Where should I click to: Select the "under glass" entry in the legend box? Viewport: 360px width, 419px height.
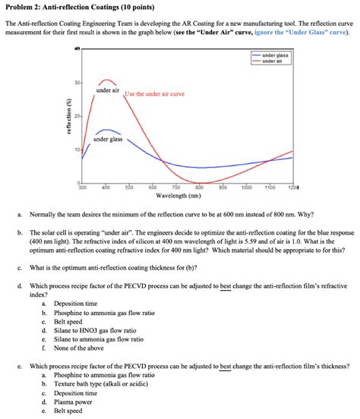tap(274, 55)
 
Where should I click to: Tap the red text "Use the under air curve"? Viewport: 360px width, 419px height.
tap(155, 93)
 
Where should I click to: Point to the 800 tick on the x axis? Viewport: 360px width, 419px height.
tap(199, 187)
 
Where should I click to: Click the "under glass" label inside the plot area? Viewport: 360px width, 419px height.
tap(108, 140)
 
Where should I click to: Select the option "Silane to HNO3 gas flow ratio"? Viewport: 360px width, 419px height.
tap(96, 330)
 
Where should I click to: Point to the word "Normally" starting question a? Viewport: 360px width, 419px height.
tap(42, 215)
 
